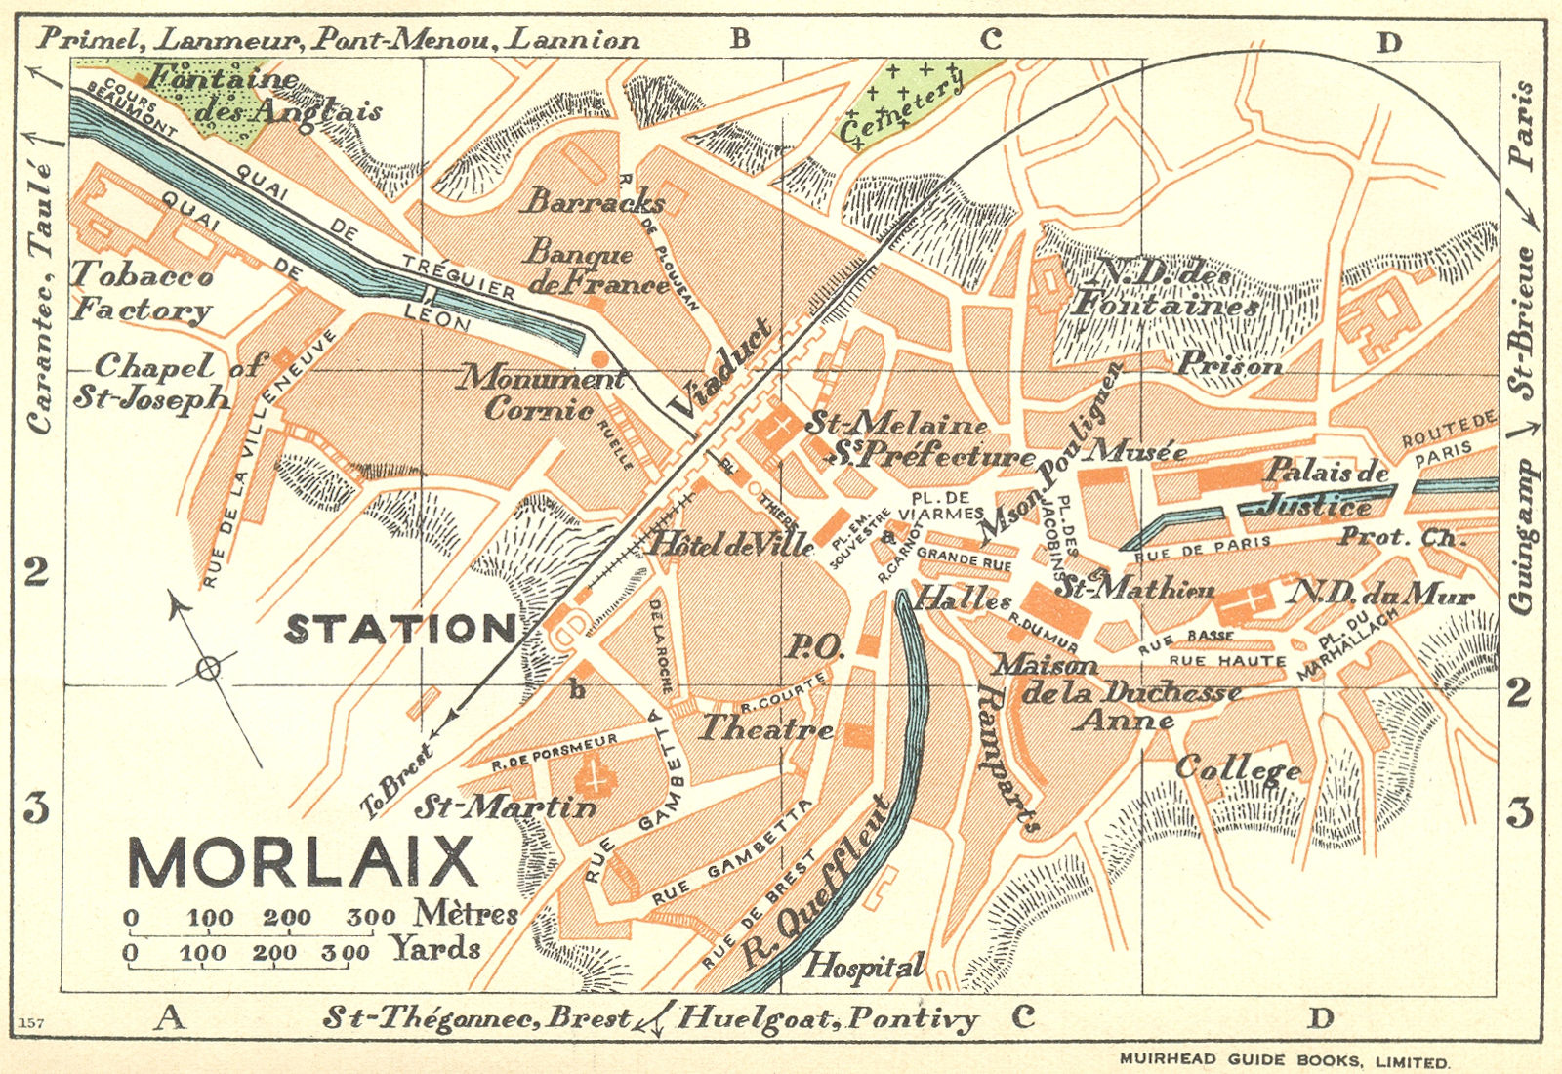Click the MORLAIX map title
[303, 862]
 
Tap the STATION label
[400, 630]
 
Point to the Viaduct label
[720, 369]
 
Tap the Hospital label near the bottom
[862, 967]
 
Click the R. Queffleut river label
[815, 884]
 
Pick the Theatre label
[765, 728]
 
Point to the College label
[1238, 768]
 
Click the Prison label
[1229, 365]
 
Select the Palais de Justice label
[1323, 488]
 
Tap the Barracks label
[593, 201]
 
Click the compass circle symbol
[207, 668]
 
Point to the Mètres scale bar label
[466, 913]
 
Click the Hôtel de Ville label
[730, 544]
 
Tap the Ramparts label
[1007, 758]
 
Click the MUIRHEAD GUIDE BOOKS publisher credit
[1284, 1060]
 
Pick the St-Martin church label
[505, 806]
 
